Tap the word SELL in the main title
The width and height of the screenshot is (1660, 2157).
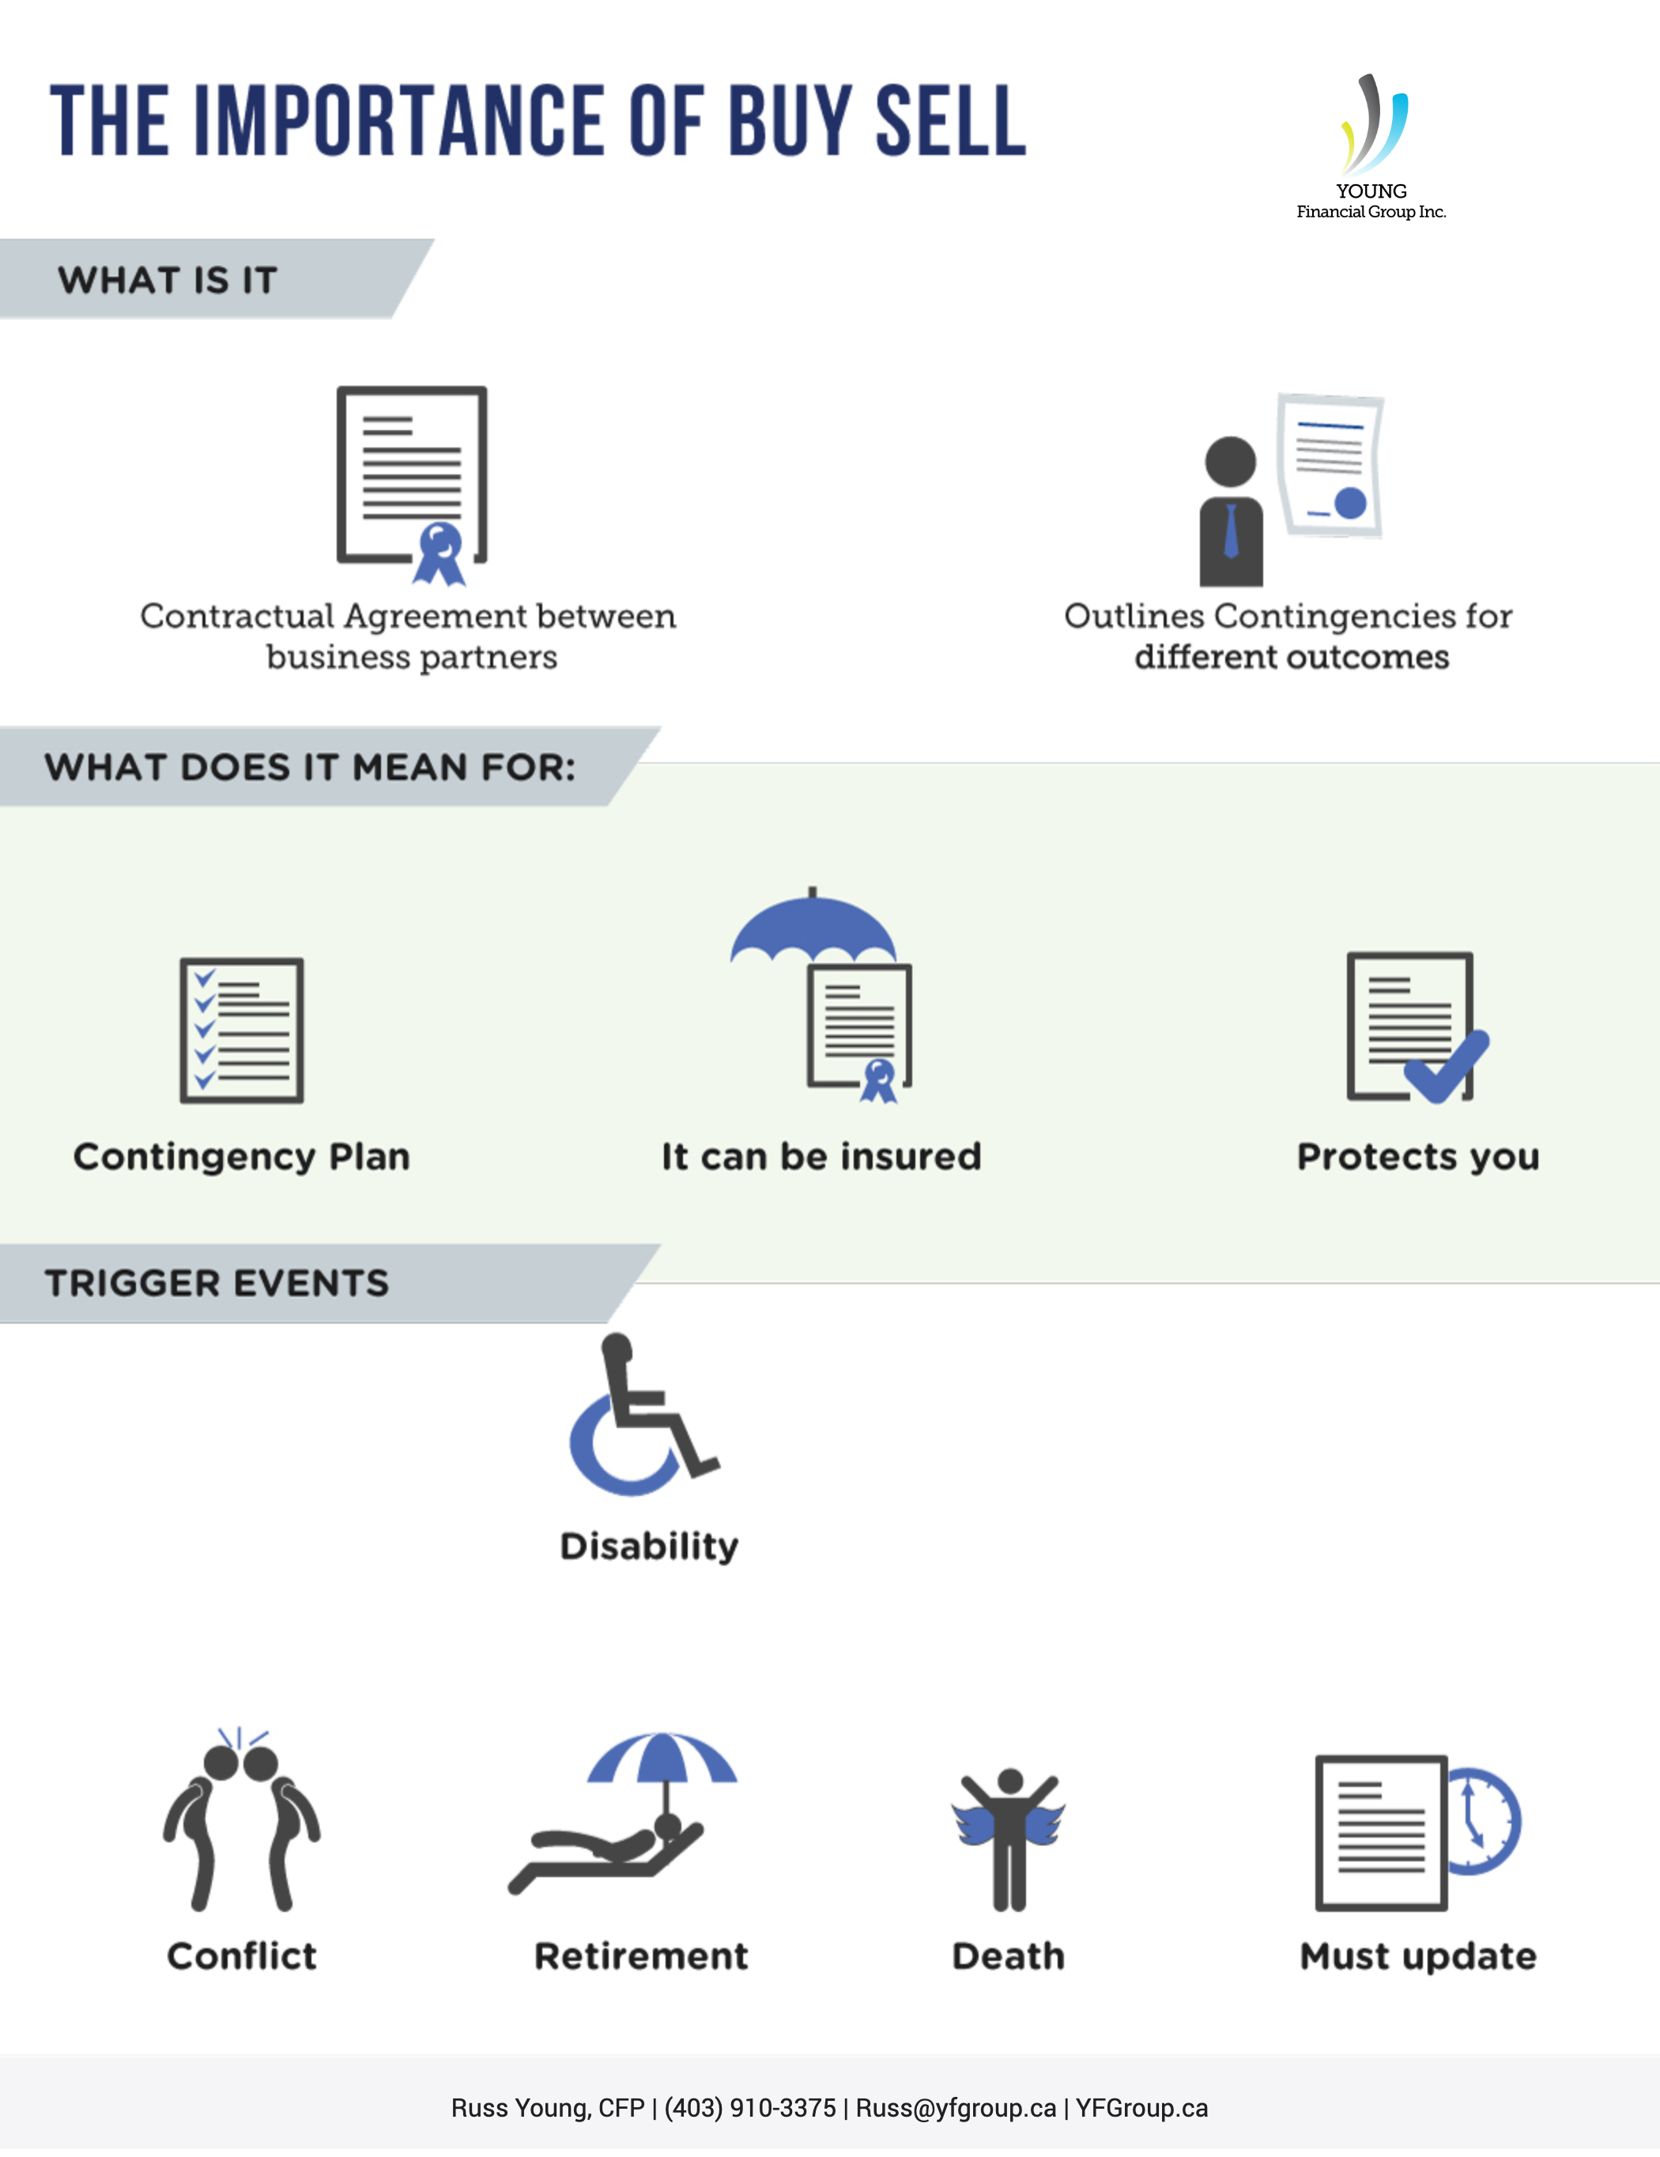click(x=951, y=120)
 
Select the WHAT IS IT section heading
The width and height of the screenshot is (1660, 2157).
click(x=168, y=281)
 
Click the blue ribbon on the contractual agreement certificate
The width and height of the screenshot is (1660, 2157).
click(x=440, y=554)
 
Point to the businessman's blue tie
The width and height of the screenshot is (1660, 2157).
click(x=1231, y=531)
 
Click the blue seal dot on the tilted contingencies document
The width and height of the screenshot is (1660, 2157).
click(x=1350, y=503)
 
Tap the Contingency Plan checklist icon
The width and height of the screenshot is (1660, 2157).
click(x=242, y=1030)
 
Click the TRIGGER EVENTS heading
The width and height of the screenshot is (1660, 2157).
click(x=217, y=1283)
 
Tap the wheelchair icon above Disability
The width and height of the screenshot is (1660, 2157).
click(x=643, y=1415)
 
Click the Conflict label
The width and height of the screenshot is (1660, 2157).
click(x=242, y=1955)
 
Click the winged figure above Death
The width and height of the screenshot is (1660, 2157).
click(x=1008, y=1839)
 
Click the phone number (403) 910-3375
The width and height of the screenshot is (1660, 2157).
click(x=750, y=2108)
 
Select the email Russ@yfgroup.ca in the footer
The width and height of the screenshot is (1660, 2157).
click(x=956, y=2108)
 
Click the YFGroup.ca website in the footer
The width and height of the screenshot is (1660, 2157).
click(x=1141, y=2108)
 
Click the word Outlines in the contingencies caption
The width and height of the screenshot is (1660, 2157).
click(x=1134, y=615)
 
